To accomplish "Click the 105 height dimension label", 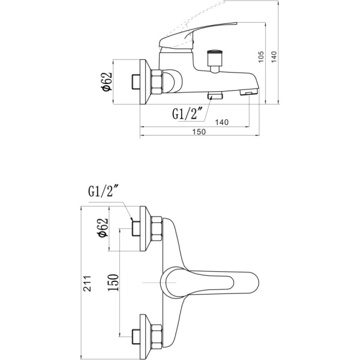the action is click(x=261, y=57).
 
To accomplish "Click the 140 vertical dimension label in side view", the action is click(x=274, y=57).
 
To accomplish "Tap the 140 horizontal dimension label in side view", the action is click(x=222, y=122).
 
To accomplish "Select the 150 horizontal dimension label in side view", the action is click(x=199, y=132).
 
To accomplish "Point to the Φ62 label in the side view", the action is click(x=107, y=82).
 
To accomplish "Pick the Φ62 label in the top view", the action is click(x=103, y=227).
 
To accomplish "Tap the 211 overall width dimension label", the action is click(x=87, y=283).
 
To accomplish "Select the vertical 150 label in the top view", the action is click(x=113, y=283).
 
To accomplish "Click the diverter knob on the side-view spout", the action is click(x=215, y=58).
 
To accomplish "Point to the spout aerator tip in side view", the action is click(x=249, y=92).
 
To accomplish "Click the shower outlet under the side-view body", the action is click(x=215, y=95).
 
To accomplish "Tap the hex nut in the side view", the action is click(x=157, y=82).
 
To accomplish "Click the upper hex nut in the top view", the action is click(x=157, y=229).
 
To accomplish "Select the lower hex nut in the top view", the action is click(x=157, y=337).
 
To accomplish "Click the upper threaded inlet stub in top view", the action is click(x=136, y=229).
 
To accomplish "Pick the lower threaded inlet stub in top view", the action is click(x=136, y=337).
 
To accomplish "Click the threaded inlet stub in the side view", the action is click(x=136, y=82).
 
